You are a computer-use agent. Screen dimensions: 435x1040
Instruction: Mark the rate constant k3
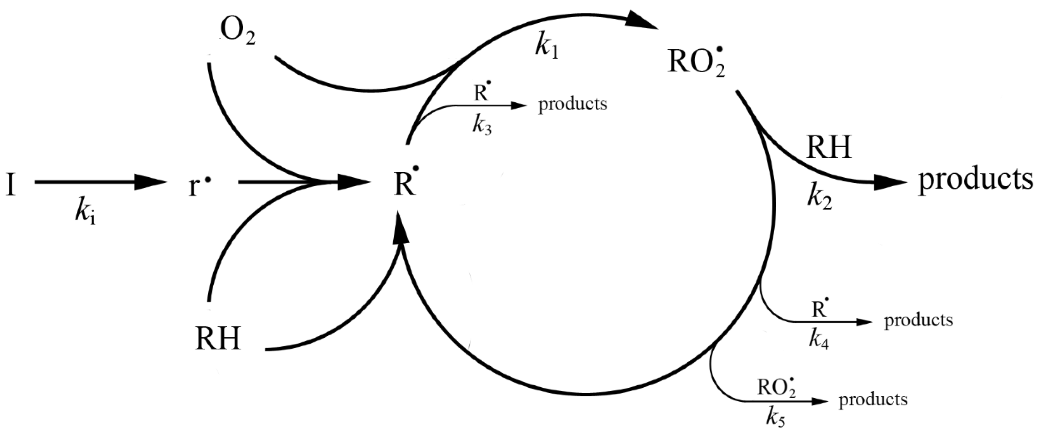coord(482,126)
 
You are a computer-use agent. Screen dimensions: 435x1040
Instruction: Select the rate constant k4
coord(818,340)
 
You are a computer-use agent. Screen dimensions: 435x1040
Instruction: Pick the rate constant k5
coord(775,420)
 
